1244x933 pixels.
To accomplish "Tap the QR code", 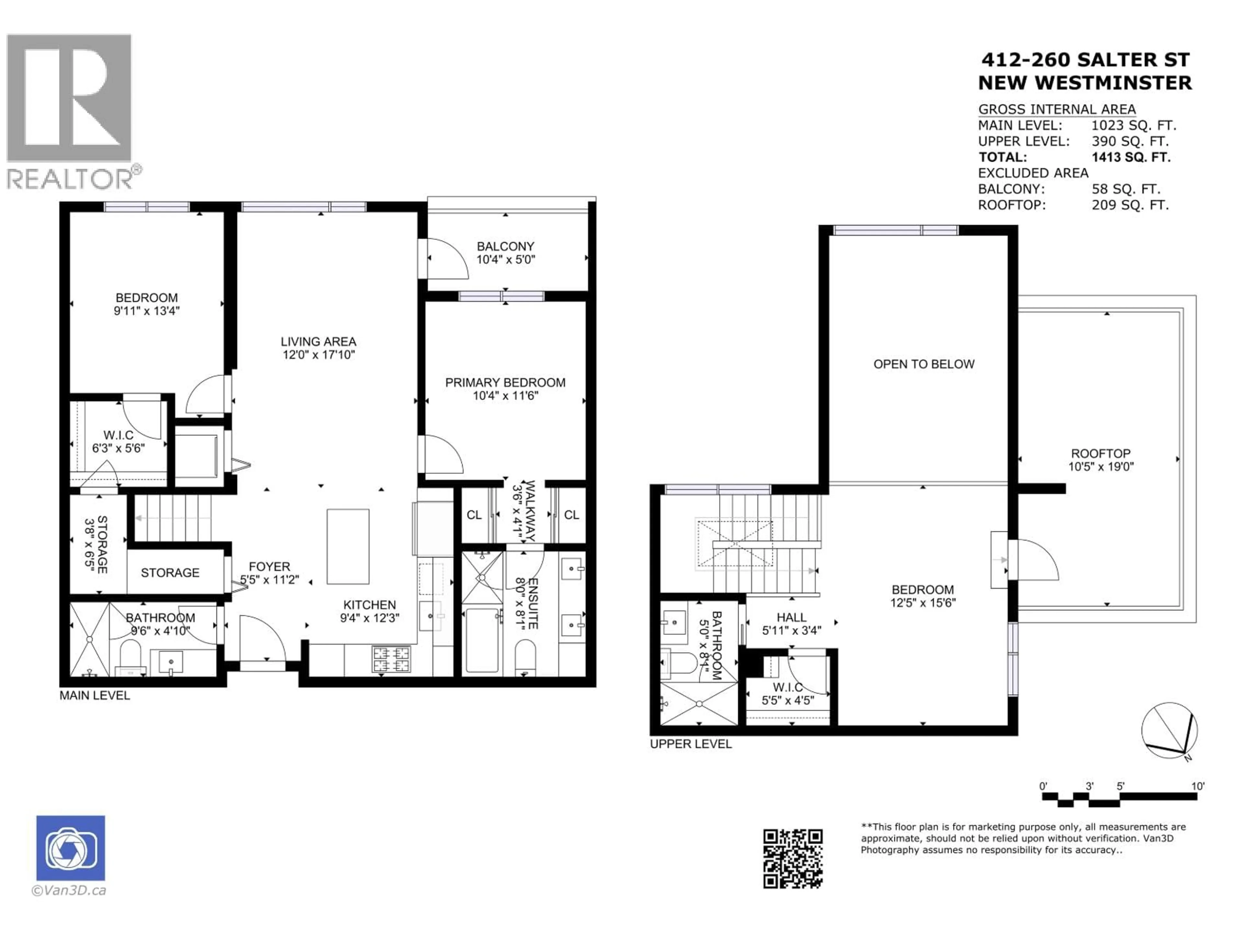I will [792, 858].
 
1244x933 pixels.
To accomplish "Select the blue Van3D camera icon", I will [70, 847].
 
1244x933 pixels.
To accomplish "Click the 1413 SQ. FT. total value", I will [1131, 157].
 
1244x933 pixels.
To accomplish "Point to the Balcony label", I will [505, 246].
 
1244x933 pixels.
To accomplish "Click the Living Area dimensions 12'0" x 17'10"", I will [318, 355].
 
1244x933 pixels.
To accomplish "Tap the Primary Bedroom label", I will [505, 382].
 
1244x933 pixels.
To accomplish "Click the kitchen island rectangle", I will [348, 547].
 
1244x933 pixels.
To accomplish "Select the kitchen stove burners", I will [391, 660].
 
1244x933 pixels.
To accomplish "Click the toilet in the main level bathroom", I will [131, 658].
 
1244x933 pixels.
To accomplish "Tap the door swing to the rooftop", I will [1034, 559].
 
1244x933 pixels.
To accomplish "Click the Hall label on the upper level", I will [791, 617].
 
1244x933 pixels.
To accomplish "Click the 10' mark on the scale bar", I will [1197, 786].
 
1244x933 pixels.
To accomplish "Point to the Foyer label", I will [270, 567].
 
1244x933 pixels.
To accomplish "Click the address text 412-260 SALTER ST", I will [1085, 60].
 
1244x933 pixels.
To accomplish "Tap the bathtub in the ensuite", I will [482, 640].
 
